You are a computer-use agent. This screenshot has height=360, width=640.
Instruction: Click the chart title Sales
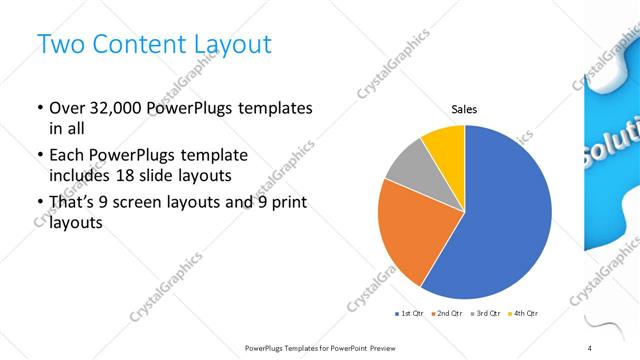[x=464, y=108]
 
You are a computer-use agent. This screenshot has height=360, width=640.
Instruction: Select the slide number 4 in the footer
[x=588, y=346]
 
